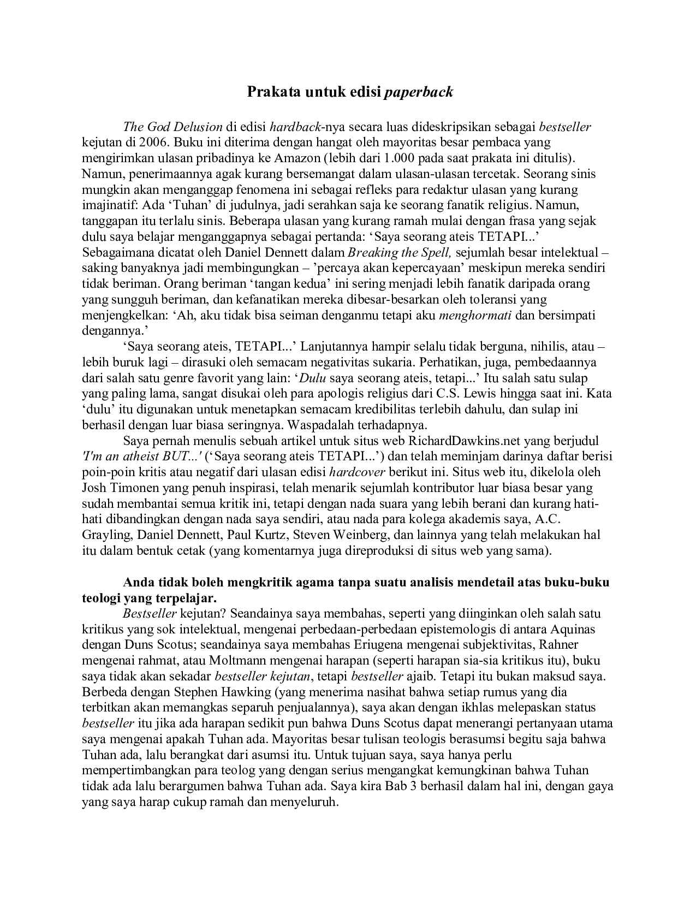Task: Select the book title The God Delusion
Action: [x=173, y=127]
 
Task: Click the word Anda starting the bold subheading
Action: [x=138, y=582]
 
